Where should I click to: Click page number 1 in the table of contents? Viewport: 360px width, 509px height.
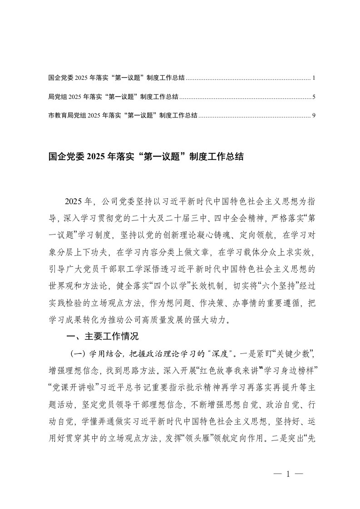314,78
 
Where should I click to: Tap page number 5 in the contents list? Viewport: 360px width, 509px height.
314,97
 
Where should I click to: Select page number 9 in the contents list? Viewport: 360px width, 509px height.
314,116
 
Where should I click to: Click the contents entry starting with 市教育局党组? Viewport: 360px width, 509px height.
123,116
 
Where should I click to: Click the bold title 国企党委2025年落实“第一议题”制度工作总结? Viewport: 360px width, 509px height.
146,157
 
